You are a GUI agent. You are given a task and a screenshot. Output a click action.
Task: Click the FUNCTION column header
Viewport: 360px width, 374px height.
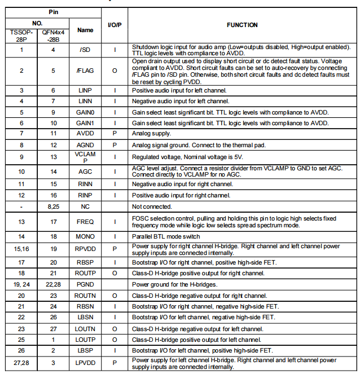point(242,25)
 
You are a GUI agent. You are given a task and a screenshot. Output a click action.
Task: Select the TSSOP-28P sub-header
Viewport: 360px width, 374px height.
point(21,36)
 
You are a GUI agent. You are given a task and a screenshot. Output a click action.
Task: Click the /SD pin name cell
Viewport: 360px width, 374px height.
point(85,50)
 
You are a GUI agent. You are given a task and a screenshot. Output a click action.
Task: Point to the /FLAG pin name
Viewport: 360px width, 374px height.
point(85,71)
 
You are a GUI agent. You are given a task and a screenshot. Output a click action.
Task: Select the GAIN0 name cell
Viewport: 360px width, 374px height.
point(85,112)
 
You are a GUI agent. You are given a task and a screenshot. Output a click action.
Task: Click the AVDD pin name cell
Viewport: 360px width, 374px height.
point(85,133)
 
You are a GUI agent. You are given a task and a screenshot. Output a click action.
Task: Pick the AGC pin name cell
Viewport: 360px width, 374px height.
point(85,171)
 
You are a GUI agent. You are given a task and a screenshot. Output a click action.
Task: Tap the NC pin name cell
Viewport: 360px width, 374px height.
point(85,206)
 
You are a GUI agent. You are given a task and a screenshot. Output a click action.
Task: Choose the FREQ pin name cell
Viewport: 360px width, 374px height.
point(85,222)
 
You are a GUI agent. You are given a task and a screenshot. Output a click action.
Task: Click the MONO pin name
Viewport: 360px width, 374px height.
point(85,236)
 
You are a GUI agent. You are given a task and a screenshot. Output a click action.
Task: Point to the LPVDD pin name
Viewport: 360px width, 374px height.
point(85,363)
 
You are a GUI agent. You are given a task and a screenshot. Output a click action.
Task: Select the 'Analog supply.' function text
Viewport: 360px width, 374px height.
point(151,133)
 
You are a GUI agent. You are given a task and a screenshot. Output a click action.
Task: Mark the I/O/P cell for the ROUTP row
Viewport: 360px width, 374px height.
point(115,273)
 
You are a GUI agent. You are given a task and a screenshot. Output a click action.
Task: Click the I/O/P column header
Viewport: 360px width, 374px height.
point(115,25)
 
